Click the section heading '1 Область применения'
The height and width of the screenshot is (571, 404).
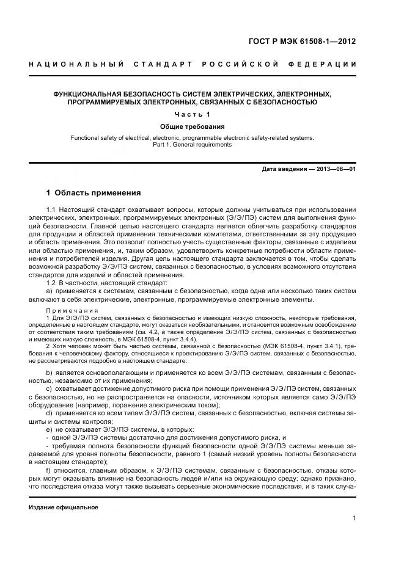click(x=94, y=193)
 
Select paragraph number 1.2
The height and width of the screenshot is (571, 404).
click(x=51, y=283)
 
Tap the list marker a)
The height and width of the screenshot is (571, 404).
click(x=50, y=291)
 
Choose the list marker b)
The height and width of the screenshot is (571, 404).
click(x=50, y=372)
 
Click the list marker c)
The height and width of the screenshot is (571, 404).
click(x=50, y=388)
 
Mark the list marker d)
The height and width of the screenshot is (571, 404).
click(x=50, y=413)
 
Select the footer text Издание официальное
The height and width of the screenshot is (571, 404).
click(x=64, y=507)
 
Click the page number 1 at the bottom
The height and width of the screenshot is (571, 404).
click(x=354, y=518)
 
